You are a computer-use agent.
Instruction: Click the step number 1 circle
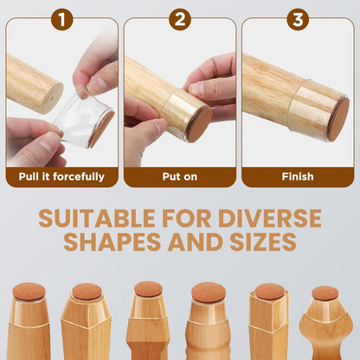(61, 18)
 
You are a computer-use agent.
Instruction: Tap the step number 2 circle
(179, 18)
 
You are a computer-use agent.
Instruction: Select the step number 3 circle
(297, 18)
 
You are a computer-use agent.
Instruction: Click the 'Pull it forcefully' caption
(61, 177)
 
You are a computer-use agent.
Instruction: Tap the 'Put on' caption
(179, 177)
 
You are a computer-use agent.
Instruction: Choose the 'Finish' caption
(297, 177)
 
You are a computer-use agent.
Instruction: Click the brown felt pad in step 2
(200, 124)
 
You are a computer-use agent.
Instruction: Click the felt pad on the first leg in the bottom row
(29, 292)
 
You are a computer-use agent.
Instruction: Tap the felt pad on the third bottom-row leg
(148, 288)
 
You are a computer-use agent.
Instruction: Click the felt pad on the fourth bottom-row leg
(209, 292)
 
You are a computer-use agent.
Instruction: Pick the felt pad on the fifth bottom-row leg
(269, 292)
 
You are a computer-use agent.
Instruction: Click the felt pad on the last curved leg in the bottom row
(326, 293)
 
